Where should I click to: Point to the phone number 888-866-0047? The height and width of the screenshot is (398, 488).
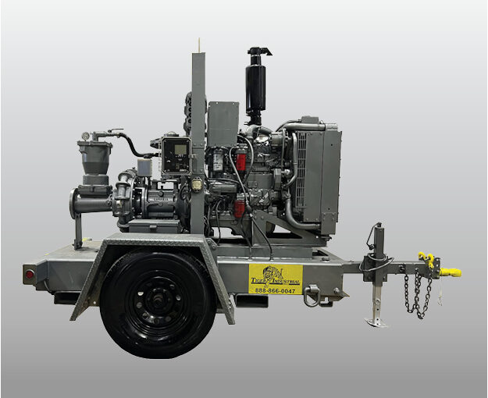click(275, 290)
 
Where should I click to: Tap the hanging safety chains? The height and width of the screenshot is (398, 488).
click(418, 296)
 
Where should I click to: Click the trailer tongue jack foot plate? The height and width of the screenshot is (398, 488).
click(376, 322)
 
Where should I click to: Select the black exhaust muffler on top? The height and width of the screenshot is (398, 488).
click(255, 86)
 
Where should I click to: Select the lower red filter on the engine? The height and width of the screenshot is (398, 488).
click(239, 208)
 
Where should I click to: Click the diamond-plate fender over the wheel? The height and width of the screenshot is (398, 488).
click(156, 246)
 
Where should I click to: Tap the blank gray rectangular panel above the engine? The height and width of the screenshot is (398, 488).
click(223, 123)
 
